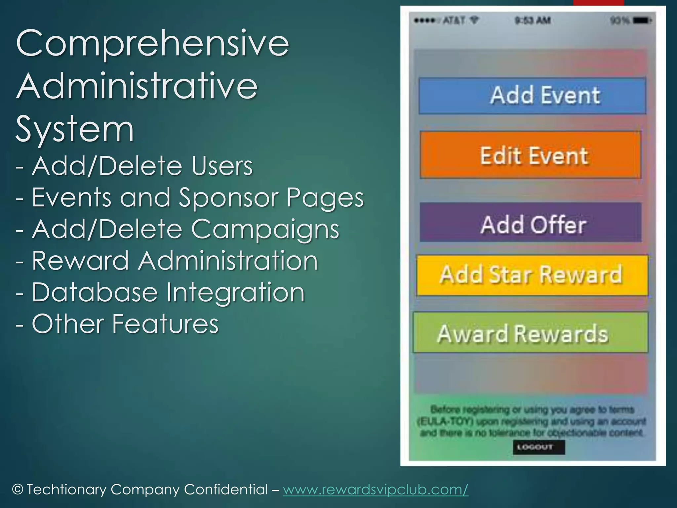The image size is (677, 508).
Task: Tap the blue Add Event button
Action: (x=532, y=96)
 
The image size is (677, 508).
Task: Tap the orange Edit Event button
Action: (x=531, y=155)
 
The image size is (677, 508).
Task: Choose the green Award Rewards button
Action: (x=530, y=333)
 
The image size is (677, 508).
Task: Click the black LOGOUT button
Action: (x=539, y=447)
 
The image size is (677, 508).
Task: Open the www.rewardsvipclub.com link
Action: (x=376, y=489)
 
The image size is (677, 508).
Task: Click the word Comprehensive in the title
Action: (x=153, y=44)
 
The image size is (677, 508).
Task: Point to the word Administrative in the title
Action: (x=137, y=87)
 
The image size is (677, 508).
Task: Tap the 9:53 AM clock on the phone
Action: (x=533, y=21)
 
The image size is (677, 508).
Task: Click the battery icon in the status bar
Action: (x=642, y=21)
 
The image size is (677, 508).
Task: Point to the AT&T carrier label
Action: (x=454, y=21)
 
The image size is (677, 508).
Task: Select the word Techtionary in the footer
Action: (x=66, y=489)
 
